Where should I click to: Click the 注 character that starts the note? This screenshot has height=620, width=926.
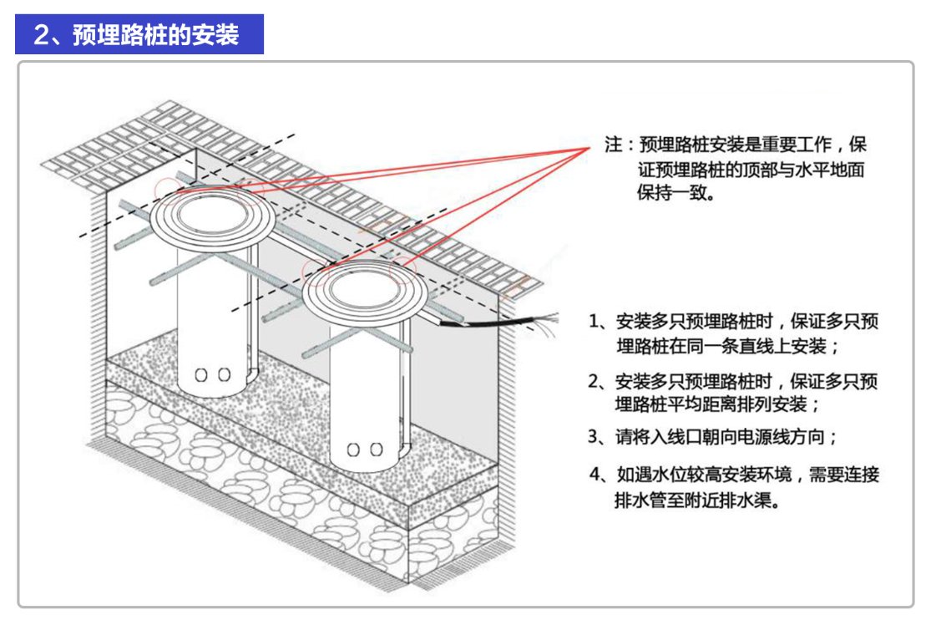(613, 144)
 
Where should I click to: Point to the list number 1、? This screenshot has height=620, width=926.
(598, 322)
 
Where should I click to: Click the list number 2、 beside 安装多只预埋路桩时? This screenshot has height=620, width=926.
(598, 382)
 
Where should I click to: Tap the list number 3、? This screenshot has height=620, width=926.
(598, 436)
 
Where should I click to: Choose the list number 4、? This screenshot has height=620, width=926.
(598, 475)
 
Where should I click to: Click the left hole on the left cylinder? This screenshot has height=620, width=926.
(200, 376)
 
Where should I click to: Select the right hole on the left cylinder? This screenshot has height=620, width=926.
(223, 376)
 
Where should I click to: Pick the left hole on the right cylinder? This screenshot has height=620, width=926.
(353, 450)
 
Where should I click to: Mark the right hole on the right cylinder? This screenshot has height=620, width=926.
(376, 450)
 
